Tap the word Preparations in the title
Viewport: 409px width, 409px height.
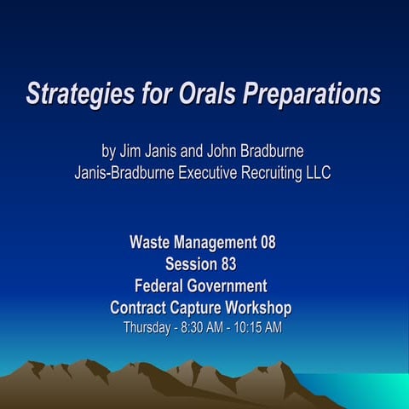(311, 94)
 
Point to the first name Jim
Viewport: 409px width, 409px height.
(129, 152)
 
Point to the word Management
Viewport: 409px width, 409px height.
(216, 242)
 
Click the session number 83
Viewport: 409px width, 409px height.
(228, 264)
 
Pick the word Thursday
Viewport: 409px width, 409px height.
(147, 327)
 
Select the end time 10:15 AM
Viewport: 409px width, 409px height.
(260, 327)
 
